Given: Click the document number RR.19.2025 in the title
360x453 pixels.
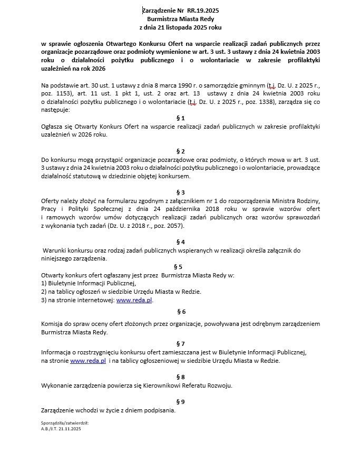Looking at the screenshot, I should click(202, 10).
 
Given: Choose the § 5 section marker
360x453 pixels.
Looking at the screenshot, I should click(178, 267).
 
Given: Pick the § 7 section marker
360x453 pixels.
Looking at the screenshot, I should click(180, 344).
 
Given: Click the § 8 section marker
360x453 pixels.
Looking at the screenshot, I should click(180, 377).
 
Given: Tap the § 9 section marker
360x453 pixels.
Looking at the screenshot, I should click(180, 401).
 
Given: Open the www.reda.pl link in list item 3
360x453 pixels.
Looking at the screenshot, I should click(134, 300).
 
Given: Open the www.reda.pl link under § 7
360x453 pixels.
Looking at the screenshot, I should click(88, 361).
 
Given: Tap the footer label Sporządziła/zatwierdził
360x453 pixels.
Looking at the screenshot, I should click(64, 423).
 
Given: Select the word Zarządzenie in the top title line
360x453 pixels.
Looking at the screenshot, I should click(161, 10).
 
